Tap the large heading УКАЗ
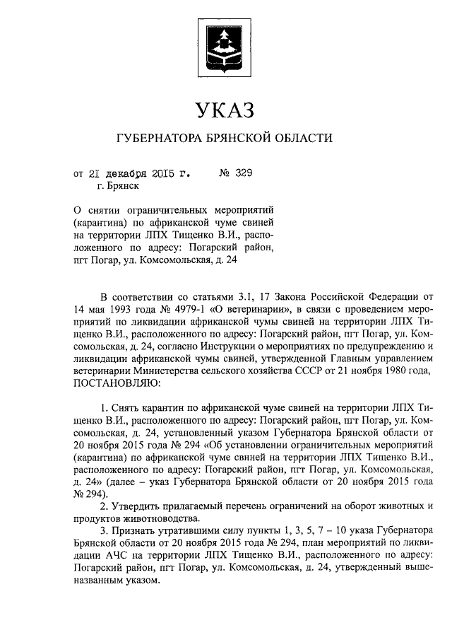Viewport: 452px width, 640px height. [225, 111]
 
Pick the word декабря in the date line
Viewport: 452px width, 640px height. [133, 173]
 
